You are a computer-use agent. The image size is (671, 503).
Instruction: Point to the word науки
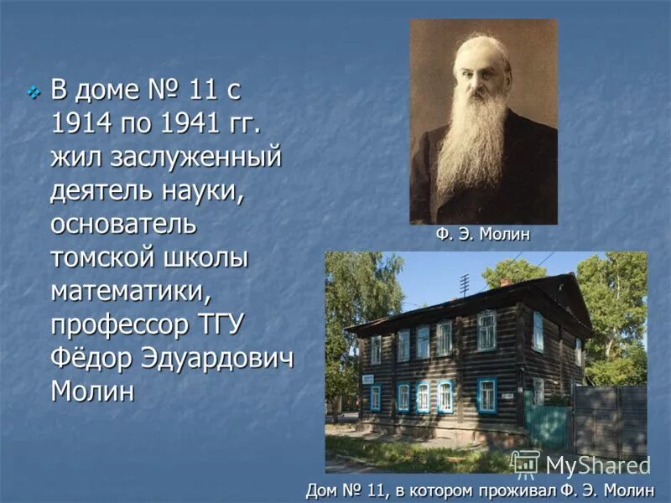point(200,191)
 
